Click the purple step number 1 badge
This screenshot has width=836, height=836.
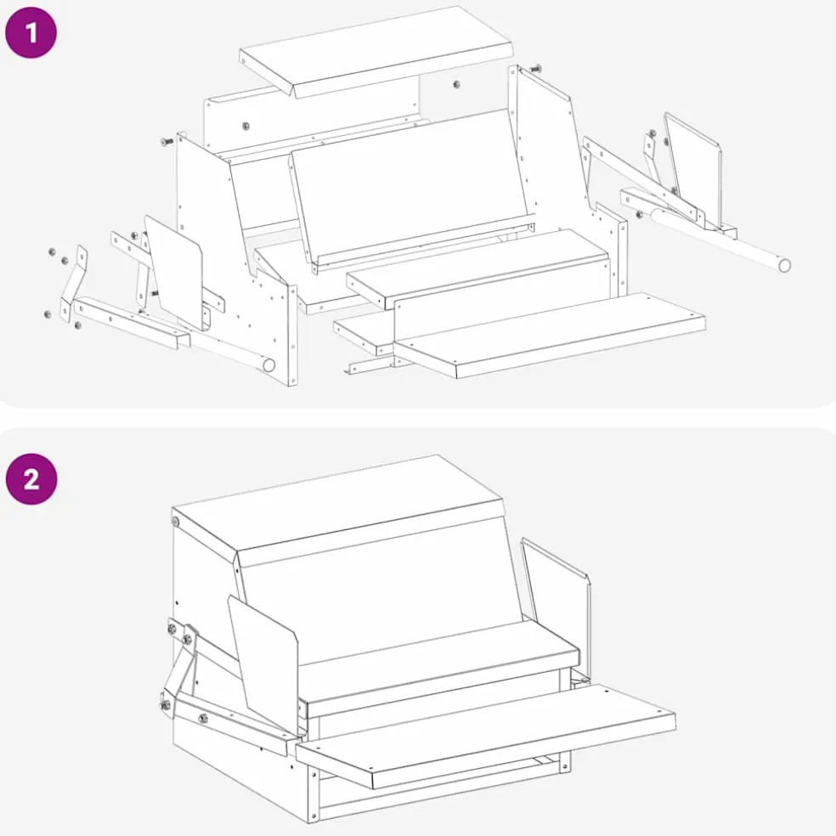click(31, 32)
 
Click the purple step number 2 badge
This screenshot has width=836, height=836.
click(31, 479)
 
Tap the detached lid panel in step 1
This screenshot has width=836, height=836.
click(376, 52)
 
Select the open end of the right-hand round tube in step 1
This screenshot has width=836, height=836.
click(784, 265)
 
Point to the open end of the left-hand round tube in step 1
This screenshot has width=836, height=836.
click(269, 365)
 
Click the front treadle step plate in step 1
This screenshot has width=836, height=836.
click(549, 335)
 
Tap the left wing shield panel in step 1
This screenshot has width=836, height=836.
click(174, 272)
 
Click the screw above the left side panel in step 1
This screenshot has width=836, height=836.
click(167, 141)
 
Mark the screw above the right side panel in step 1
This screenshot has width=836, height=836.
click(534, 68)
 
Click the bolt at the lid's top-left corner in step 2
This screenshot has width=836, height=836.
click(175, 521)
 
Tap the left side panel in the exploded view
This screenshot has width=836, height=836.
click(234, 256)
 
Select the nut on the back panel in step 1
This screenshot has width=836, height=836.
click(246, 127)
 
